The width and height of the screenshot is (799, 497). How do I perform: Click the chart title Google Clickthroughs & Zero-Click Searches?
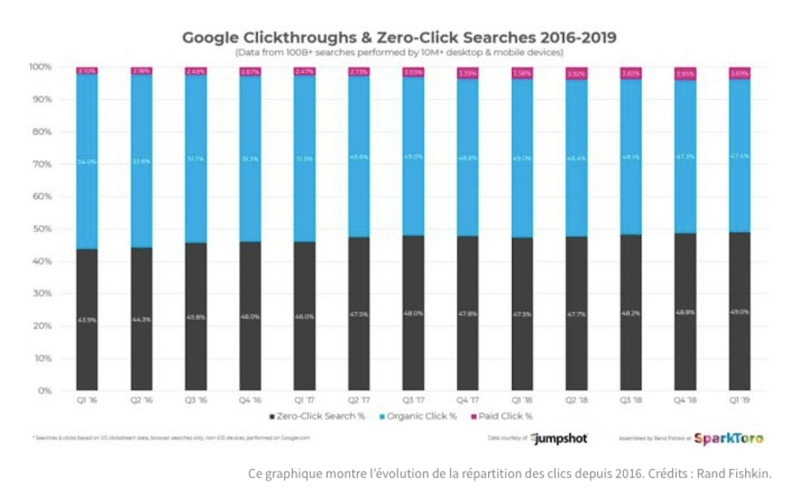[399, 37]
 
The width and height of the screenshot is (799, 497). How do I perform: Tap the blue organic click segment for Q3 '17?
[413, 156]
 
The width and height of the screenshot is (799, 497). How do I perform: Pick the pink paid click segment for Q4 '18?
[685, 74]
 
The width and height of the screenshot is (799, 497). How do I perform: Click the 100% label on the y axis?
[40, 67]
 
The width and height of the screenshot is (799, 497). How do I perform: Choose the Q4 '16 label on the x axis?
[250, 400]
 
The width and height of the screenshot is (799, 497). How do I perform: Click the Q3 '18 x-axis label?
[631, 400]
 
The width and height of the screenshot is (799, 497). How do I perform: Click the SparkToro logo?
[728, 439]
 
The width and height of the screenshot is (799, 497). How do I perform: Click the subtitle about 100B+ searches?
[399, 53]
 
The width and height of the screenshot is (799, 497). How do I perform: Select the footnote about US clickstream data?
[171, 438]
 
